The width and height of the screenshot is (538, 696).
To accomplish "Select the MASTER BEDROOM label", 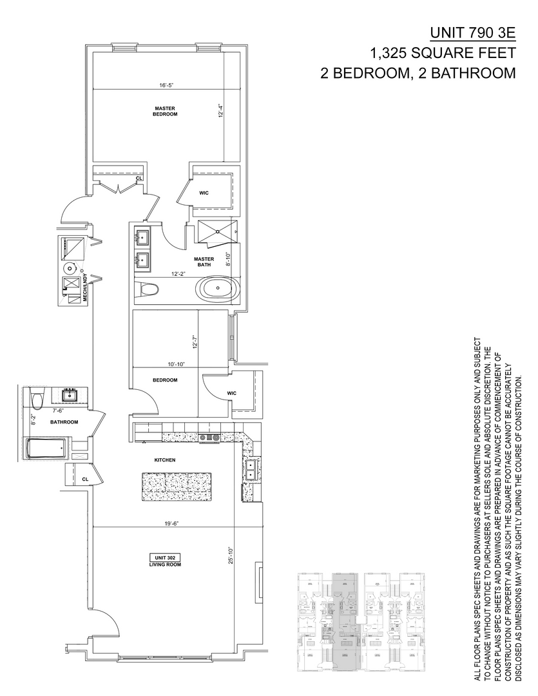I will click(x=165, y=111).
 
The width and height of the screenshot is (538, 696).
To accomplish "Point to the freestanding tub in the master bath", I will click(x=217, y=288).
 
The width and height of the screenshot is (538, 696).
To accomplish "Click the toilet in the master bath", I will click(x=146, y=289).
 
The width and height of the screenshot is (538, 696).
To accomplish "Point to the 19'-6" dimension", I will click(x=170, y=523).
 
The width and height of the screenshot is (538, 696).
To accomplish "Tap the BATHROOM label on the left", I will click(x=64, y=422).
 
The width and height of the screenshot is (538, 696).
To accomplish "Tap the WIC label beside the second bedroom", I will click(x=232, y=392).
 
